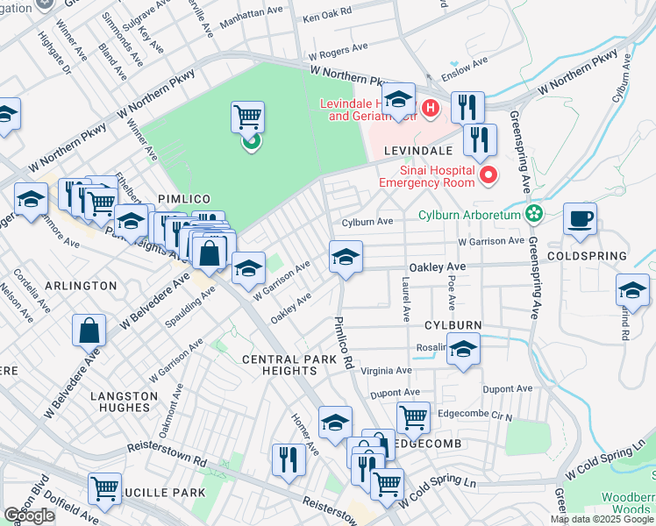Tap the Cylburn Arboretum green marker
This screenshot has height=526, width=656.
pyautogui.click(x=532, y=214)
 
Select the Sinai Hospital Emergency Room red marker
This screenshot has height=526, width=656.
pyautogui.click(x=486, y=177)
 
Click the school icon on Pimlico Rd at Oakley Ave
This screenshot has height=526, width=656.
pyautogui.click(x=346, y=258)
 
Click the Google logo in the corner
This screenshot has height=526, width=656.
pyautogui.click(x=30, y=515)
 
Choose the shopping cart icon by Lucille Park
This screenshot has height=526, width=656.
pyautogui.click(x=105, y=487)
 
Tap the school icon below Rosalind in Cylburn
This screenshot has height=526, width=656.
pyautogui.click(x=463, y=350)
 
